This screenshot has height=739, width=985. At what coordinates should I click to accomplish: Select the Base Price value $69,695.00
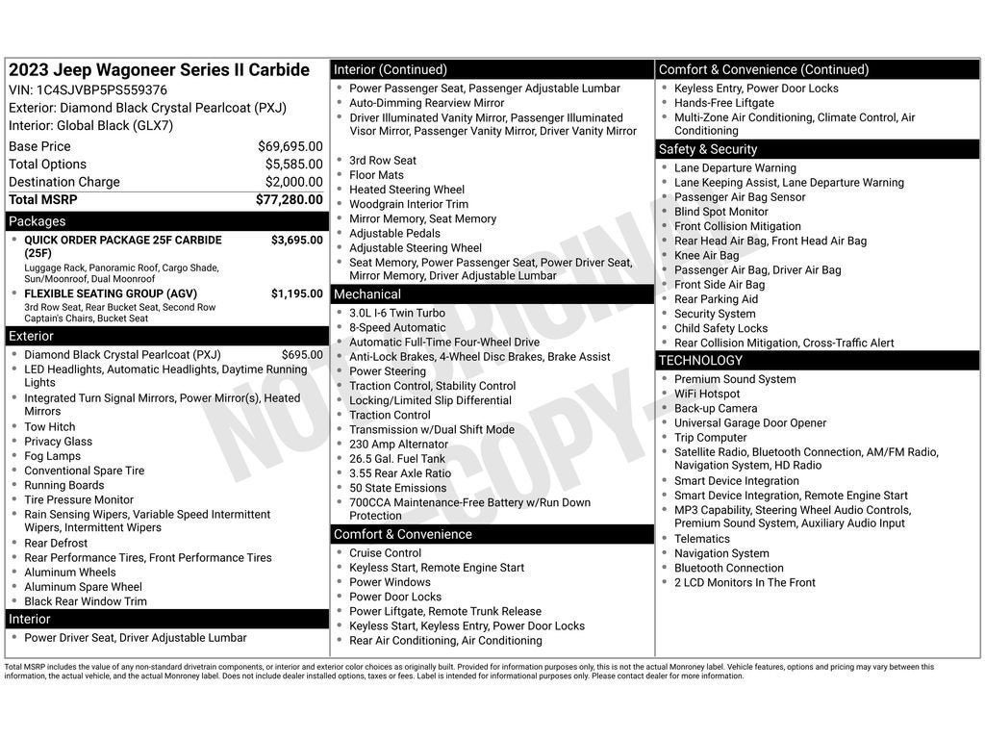click(290, 146)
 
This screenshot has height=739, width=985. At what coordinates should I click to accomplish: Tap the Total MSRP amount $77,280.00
click(289, 199)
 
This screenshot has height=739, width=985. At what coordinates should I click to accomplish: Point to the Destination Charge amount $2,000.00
click(293, 182)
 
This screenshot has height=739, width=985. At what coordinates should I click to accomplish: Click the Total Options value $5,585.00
click(293, 165)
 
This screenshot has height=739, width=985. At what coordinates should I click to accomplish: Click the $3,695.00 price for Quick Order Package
click(296, 241)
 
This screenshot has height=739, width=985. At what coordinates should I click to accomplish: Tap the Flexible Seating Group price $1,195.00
click(296, 294)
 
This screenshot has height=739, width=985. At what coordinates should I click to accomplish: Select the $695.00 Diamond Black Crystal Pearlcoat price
click(302, 355)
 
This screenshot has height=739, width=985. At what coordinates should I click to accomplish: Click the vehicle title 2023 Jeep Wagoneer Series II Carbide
click(159, 70)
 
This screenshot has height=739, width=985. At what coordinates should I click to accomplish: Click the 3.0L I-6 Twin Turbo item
click(396, 313)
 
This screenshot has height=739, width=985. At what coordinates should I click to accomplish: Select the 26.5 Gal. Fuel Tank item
click(396, 459)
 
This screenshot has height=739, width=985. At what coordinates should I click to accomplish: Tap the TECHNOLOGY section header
click(818, 361)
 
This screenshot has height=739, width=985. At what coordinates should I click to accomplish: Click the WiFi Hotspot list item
click(707, 394)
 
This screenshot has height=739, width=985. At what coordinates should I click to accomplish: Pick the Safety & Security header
click(818, 149)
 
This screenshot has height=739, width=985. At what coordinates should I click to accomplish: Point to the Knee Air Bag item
click(706, 255)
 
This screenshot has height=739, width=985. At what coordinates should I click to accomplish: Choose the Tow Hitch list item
click(49, 427)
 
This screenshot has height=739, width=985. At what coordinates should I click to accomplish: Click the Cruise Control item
click(385, 553)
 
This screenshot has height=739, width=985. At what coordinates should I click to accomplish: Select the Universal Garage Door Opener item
click(749, 423)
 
